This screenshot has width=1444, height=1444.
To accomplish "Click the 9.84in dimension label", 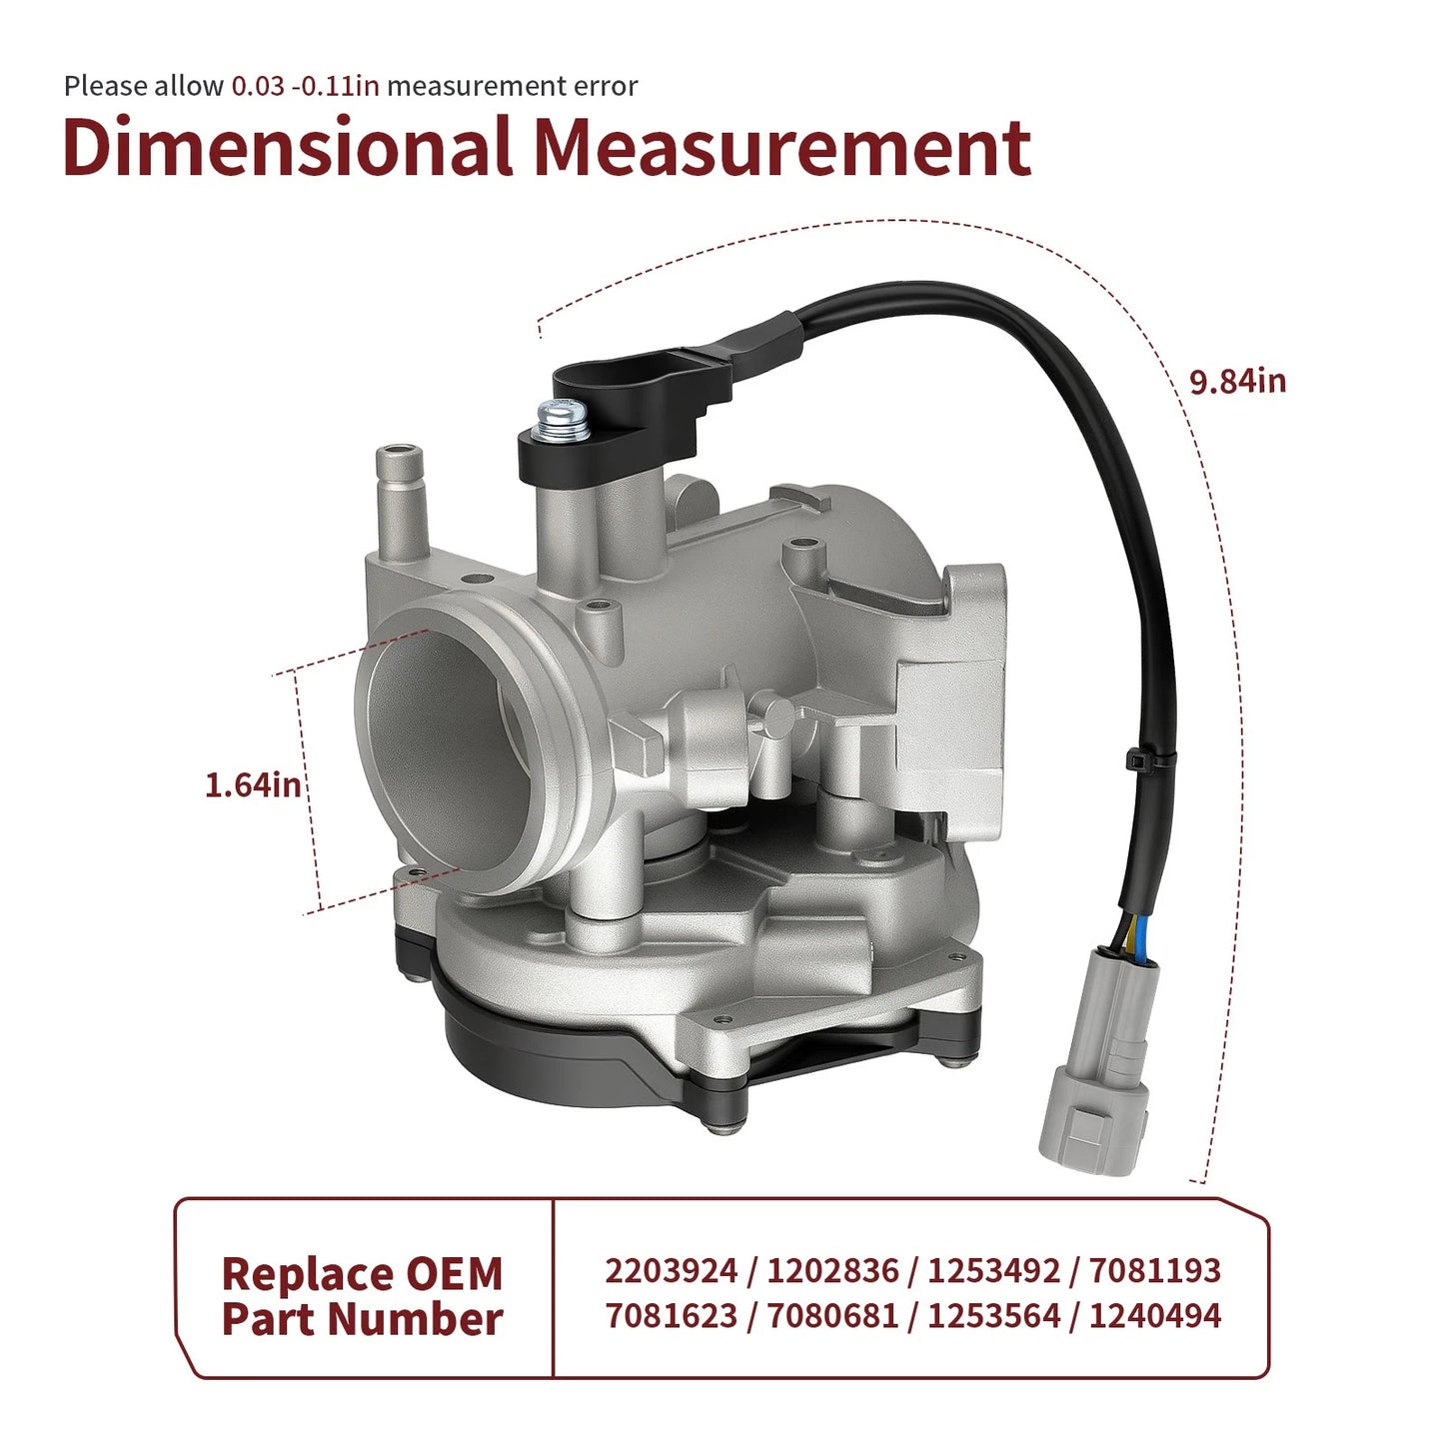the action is click(1237, 382).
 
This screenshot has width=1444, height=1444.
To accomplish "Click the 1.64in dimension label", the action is click(253, 785).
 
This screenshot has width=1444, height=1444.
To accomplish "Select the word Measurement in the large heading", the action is click(783, 146).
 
